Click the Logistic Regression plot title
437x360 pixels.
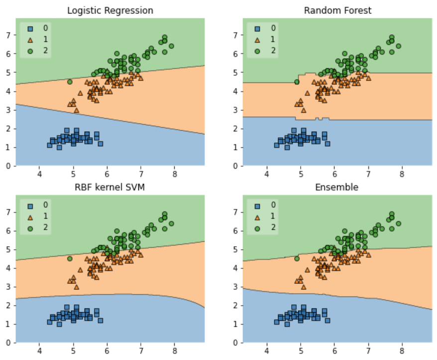click(110, 10)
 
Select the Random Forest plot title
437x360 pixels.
click(337, 10)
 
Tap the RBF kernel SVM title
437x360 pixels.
click(110, 187)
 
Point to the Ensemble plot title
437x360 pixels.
click(337, 187)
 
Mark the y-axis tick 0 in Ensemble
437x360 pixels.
click(236, 342)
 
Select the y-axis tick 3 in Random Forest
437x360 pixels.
click(236, 109)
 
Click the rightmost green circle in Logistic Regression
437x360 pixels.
click(171, 46)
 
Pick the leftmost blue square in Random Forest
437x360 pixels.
click(277, 145)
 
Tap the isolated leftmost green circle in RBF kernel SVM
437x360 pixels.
click(70, 259)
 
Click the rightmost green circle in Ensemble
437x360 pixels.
click(398, 223)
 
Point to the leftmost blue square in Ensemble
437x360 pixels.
click(277, 322)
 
